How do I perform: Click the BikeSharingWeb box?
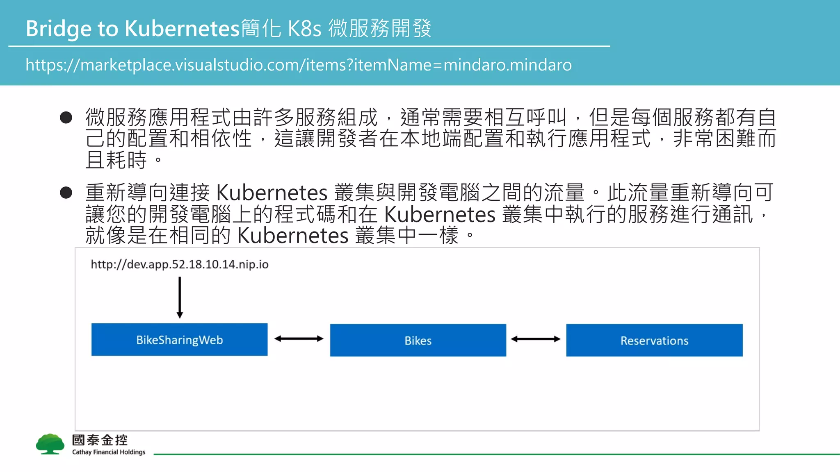click(x=179, y=340)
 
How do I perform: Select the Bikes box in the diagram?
click(x=418, y=340)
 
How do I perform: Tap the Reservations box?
click(x=654, y=340)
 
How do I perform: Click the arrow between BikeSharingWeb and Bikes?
click(x=299, y=339)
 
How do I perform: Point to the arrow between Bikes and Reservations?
click(x=536, y=339)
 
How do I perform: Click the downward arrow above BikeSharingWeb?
click(x=180, y=297)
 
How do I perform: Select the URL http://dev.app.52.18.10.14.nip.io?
click(x=180, y=264)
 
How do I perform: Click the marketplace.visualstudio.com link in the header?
click(x=298, y=65)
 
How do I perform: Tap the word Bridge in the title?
click(x=59, y=29)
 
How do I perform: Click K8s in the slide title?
click(x=304, y=29)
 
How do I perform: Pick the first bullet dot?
click(x=66, y=118)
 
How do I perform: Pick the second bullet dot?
click(x=66, y=193)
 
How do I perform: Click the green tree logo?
click(x=50, y=444)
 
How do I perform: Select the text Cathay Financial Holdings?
click(x=109, y=452)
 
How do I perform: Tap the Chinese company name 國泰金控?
click(x=100, y=440)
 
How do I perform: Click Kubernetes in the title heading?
click(x=182, y=29)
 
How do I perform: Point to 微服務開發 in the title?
click(x=380, y=29)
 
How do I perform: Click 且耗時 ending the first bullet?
click(x=116, y=160)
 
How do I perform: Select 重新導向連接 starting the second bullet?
click(x=148, y=193)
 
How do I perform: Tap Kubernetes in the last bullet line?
click(x=293, y=236)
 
